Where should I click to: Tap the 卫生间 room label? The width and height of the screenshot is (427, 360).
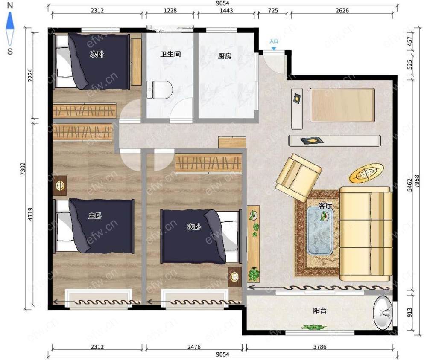tap(170, 54)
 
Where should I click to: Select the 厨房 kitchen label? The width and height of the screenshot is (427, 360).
tap(225, 56)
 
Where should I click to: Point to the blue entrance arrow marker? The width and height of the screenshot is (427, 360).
tap(274, 49)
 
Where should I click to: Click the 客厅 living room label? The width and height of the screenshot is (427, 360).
tap(325, 206)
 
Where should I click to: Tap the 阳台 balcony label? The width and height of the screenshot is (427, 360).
tap(320, 311)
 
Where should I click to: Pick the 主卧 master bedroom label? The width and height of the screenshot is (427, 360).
tap(95, 216)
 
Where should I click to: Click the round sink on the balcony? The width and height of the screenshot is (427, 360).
tap(383, 312)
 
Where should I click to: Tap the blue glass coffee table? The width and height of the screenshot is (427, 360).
tap(320, 230)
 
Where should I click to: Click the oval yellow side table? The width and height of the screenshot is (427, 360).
tap(366, 173)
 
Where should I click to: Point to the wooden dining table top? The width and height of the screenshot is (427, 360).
tap(342, 105)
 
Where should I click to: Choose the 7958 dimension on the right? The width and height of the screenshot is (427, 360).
tap(417, 181)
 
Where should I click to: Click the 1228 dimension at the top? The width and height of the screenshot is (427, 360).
tap(170, 10)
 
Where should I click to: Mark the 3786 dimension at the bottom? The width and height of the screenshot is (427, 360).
tap(320, 347)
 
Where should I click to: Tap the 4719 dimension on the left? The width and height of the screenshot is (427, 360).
tap(30, 214)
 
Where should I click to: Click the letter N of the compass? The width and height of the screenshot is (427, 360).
tap(10, 5)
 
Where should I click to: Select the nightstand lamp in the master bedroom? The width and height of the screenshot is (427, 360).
tap(60, 186)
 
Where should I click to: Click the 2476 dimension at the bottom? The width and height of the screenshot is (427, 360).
tap(194, 347)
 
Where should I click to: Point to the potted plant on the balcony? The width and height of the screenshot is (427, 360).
tap(315, 327)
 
